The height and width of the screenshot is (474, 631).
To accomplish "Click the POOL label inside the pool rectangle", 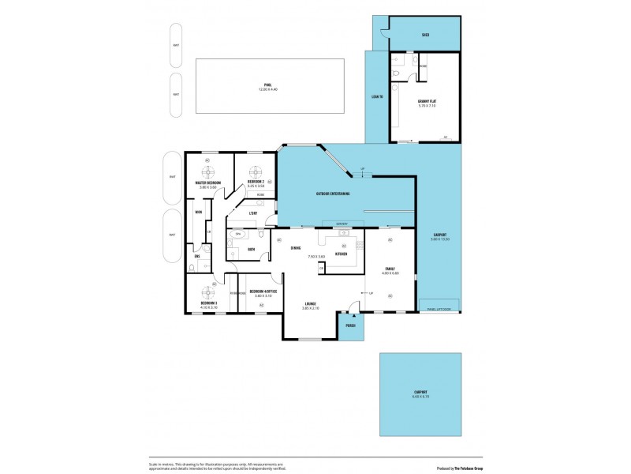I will pos(269,85).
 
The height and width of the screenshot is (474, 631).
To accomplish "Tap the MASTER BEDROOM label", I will pos(207,182).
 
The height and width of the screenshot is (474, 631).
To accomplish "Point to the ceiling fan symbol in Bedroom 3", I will pos(207,290).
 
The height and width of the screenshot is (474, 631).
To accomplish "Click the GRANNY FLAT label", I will pos(428,101).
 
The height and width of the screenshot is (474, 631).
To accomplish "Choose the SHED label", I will pos(425,35).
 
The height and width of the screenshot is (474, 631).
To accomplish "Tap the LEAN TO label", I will pos(377,96).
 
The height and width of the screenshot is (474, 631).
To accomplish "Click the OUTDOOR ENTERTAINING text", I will pos(333,194).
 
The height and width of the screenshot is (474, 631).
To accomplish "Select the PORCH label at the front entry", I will pos(349,325).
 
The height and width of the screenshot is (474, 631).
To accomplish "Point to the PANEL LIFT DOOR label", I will pos(439,309).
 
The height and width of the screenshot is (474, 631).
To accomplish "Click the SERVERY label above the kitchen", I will pos(342,224).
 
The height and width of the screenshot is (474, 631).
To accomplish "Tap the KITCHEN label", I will pos(342,254).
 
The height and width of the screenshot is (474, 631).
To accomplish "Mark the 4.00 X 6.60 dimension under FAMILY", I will pos(390,273).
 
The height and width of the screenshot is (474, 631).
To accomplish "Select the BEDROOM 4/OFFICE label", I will pos(263,292).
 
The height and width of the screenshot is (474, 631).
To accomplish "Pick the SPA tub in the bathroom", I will pos(237,235).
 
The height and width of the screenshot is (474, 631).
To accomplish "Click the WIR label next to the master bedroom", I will pos(199,212).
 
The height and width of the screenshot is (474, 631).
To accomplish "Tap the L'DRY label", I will pos(253,213).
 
